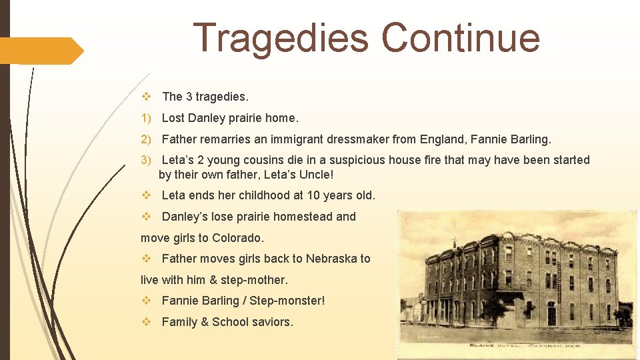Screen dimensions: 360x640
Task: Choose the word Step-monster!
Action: (287, 301)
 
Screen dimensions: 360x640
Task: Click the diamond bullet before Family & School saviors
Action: (146, 322)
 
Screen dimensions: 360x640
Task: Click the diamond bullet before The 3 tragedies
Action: (146, 97)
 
